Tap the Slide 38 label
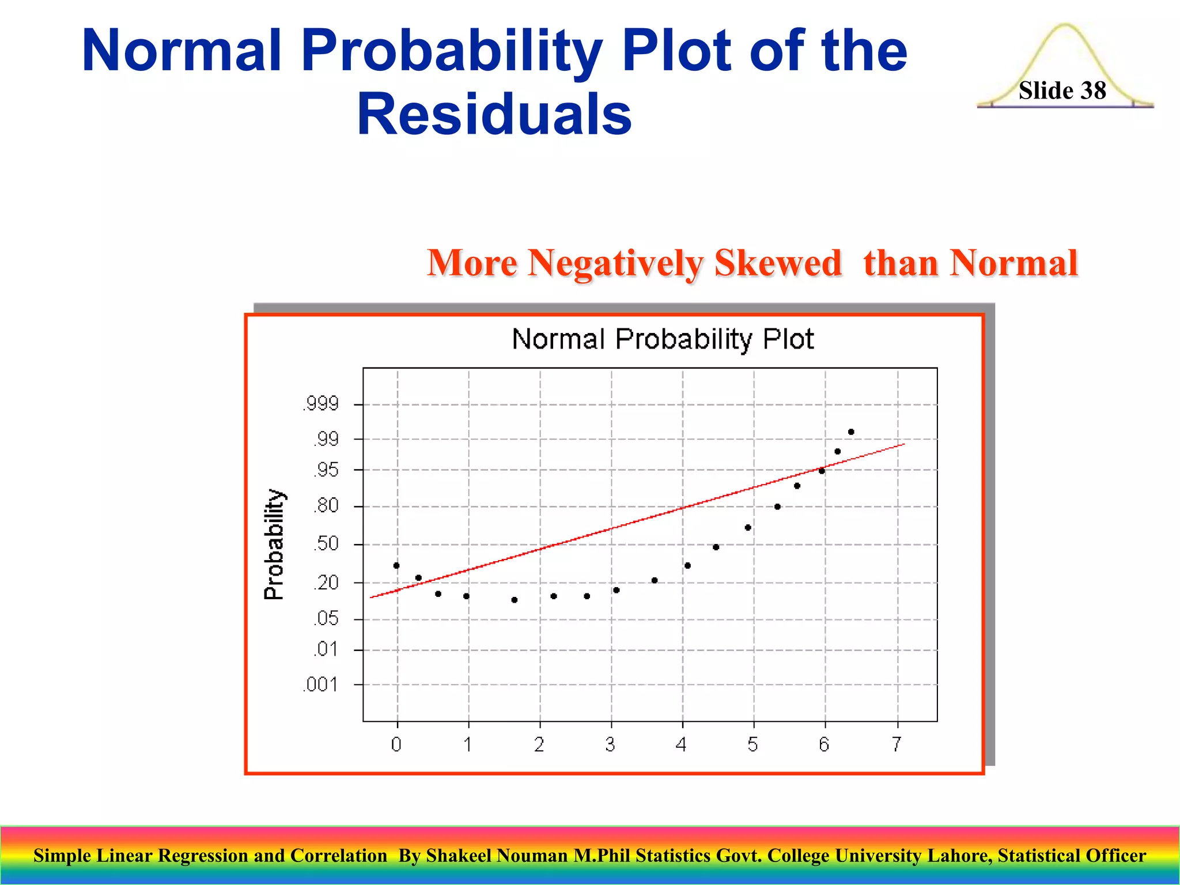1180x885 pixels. coord(1062,90)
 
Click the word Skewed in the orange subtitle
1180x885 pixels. coord(778,263)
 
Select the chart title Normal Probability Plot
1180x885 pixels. coord(663,339)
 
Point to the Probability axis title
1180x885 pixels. coord(274,544)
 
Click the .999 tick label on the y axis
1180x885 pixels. coord(321,403)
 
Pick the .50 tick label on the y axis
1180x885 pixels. coord(326,543)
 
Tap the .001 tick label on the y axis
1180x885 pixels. coord(320,684)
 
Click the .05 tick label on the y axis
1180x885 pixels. coord(326,619)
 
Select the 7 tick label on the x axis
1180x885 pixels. coord(897,744)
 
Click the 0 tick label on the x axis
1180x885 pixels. coord(396,744)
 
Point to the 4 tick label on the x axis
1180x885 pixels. coord(682,744)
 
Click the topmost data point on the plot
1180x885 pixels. coord(851,432)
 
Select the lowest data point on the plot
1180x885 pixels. coord(515,600)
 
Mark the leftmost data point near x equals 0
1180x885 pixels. coord(396,565)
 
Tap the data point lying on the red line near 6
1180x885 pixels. coord(822,471)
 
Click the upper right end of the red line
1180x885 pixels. coord(903,444)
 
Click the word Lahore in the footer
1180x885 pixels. coord(963,856)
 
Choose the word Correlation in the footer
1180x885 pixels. coord(339,856)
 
